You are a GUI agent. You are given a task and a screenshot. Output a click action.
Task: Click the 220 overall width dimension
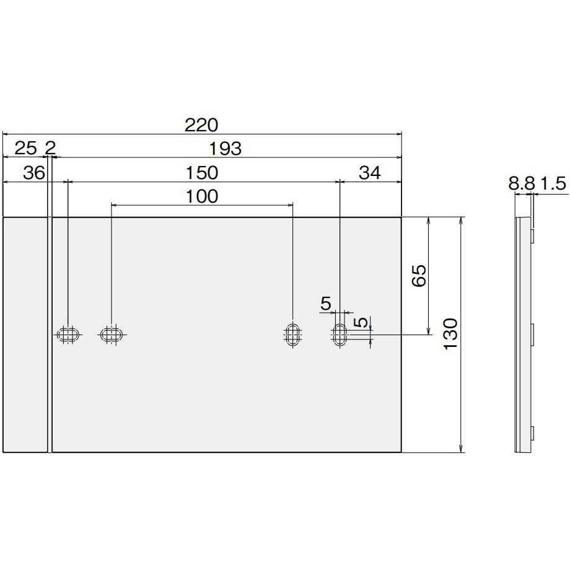pyautogui.click(x=201, y=125)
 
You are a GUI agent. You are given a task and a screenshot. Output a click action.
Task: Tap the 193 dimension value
pyautogui.click(x=226, y=149)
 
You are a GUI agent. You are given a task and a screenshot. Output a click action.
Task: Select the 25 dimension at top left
pyautogui.click(x=25, y=148)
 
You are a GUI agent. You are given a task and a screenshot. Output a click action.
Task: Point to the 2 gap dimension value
pyautogui.click(x=50, y=148)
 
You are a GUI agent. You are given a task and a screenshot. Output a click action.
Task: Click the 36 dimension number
pyautogui.click(x=34, y=173)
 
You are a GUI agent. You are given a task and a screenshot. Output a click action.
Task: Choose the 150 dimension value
pyautogui.click(x=202, y=173)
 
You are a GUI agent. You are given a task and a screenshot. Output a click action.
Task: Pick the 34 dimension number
pyautogui.click(x=370, y=173)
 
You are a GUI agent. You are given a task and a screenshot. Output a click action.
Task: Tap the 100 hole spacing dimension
pyautogui.click(x=202, y=196)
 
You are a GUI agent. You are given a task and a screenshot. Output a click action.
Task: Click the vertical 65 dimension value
pyautogui.click(x=419, y=276)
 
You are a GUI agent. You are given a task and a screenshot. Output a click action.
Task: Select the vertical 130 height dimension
pyautogui.click(x=451, y=334)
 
